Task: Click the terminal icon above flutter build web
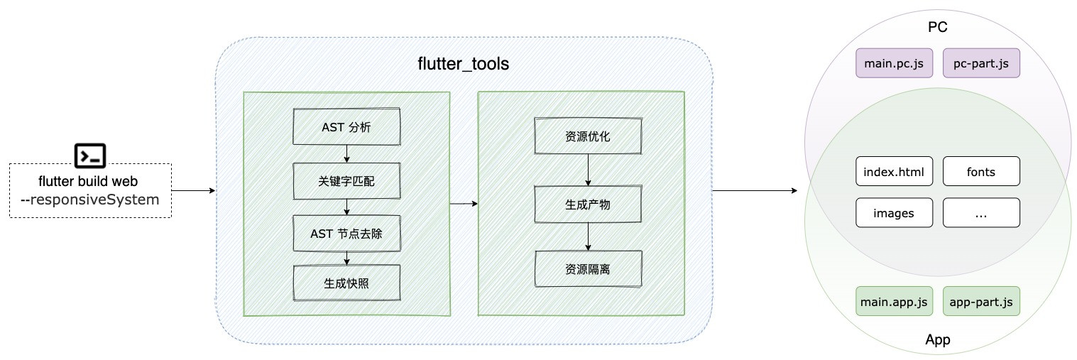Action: pos(90,155)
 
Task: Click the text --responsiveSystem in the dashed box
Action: pos(90,200)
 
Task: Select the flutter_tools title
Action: pos(463,64)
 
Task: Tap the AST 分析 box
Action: pos(346,128)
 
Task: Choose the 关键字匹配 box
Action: pos(346,182)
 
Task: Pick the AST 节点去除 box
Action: pos(346,233)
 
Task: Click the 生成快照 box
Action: pos(346,283)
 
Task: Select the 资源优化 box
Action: pos(588,136)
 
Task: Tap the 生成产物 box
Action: pos(588,204)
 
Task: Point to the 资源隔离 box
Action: pos(588,269)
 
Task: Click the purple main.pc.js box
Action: pos(894,63)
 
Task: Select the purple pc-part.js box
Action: pos(981,63)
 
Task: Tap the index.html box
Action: pos(894,172)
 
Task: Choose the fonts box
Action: pos(981,172)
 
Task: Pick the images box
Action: pos(894,213)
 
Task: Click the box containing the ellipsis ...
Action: pos(981,213)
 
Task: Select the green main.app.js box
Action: pos(894,302)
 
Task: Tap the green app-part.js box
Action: pos(981,302)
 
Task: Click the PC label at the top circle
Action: pos(938,28)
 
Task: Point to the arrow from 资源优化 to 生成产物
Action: pos(588,170)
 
